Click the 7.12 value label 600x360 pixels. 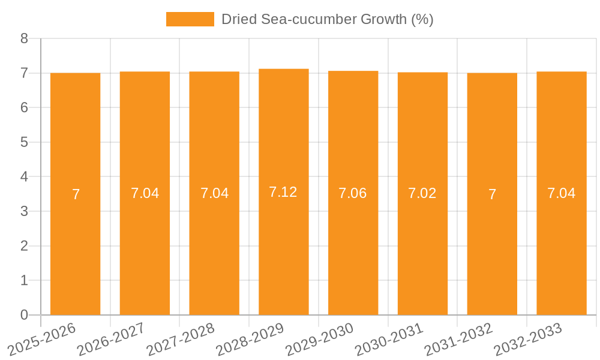[x=283, y=192]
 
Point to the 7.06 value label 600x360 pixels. [x=353, y=193]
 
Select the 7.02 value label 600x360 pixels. [x=422, y=193]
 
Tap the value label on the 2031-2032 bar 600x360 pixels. [x=492, y=194]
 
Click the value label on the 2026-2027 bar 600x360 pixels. [x=145, y=193]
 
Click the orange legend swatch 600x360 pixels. [x=190, y=19]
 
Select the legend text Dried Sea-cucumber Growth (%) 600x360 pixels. [x=327, y=19]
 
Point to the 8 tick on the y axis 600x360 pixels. [x=24, y=38]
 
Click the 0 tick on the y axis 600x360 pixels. [x=24, y=315]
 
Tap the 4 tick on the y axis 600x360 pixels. [x=24, y=177]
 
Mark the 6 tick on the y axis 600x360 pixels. [x=24, y=108]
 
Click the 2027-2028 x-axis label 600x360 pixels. [x=180, y=339]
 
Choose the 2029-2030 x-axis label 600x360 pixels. [x=319, y=339]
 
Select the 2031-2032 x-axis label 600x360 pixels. [x=458, y=339]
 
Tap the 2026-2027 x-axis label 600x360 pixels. [x=110, y=339]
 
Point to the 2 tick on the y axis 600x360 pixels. [x=24, y=246]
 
